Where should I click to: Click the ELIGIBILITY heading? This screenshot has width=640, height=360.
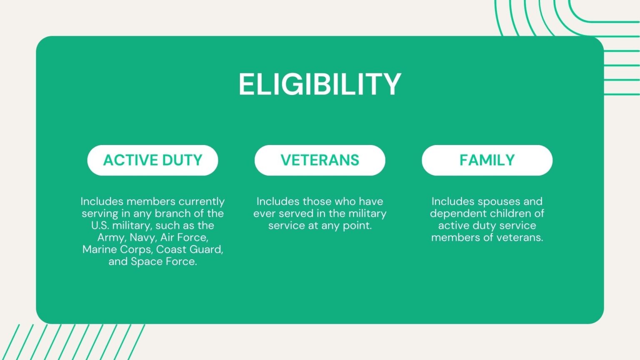click(320, 85)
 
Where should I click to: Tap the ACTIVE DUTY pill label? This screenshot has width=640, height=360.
click(152, 160)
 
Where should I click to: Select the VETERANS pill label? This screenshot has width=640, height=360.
click(320, 160)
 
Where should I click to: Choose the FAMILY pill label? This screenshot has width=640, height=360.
click(487, 160)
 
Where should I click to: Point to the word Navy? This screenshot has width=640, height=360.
click(142, 238)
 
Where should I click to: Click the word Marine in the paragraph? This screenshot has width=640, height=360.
click(100, 250)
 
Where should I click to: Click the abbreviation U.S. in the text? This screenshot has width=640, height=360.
click(100, 225)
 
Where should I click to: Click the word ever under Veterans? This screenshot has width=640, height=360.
click(264, 213)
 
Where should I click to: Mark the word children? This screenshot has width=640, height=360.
click(507, 213)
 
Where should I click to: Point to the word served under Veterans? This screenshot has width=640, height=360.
click(294, 213)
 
